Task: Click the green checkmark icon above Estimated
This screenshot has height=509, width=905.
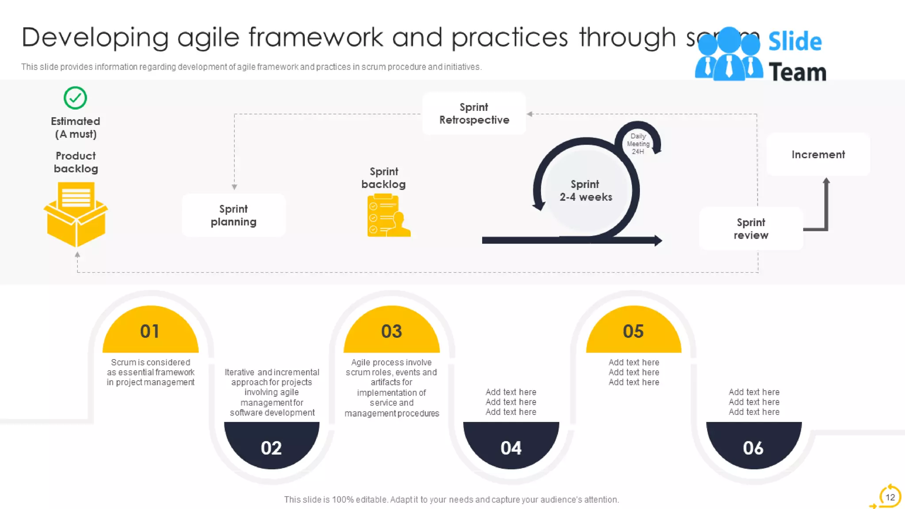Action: (x=75, y=98)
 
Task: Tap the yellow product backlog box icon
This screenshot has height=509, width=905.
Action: (x=76, y=214)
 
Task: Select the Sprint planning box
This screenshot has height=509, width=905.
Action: (x=233, y=215)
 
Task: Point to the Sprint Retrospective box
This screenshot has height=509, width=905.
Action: (x=474, y=114)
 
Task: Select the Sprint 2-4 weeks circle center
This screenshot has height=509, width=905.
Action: (x=586, y=190)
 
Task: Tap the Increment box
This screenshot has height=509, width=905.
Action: (x=818, y=154)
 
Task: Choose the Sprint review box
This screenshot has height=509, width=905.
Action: (x=750, y=228)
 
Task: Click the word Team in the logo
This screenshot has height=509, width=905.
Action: (x=797, y=72)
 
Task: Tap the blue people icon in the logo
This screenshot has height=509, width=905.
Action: (x=728, y=55)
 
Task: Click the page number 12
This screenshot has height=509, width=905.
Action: (x=890, y=497)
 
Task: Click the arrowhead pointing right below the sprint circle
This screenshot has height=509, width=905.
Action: (x=658, y=240)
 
